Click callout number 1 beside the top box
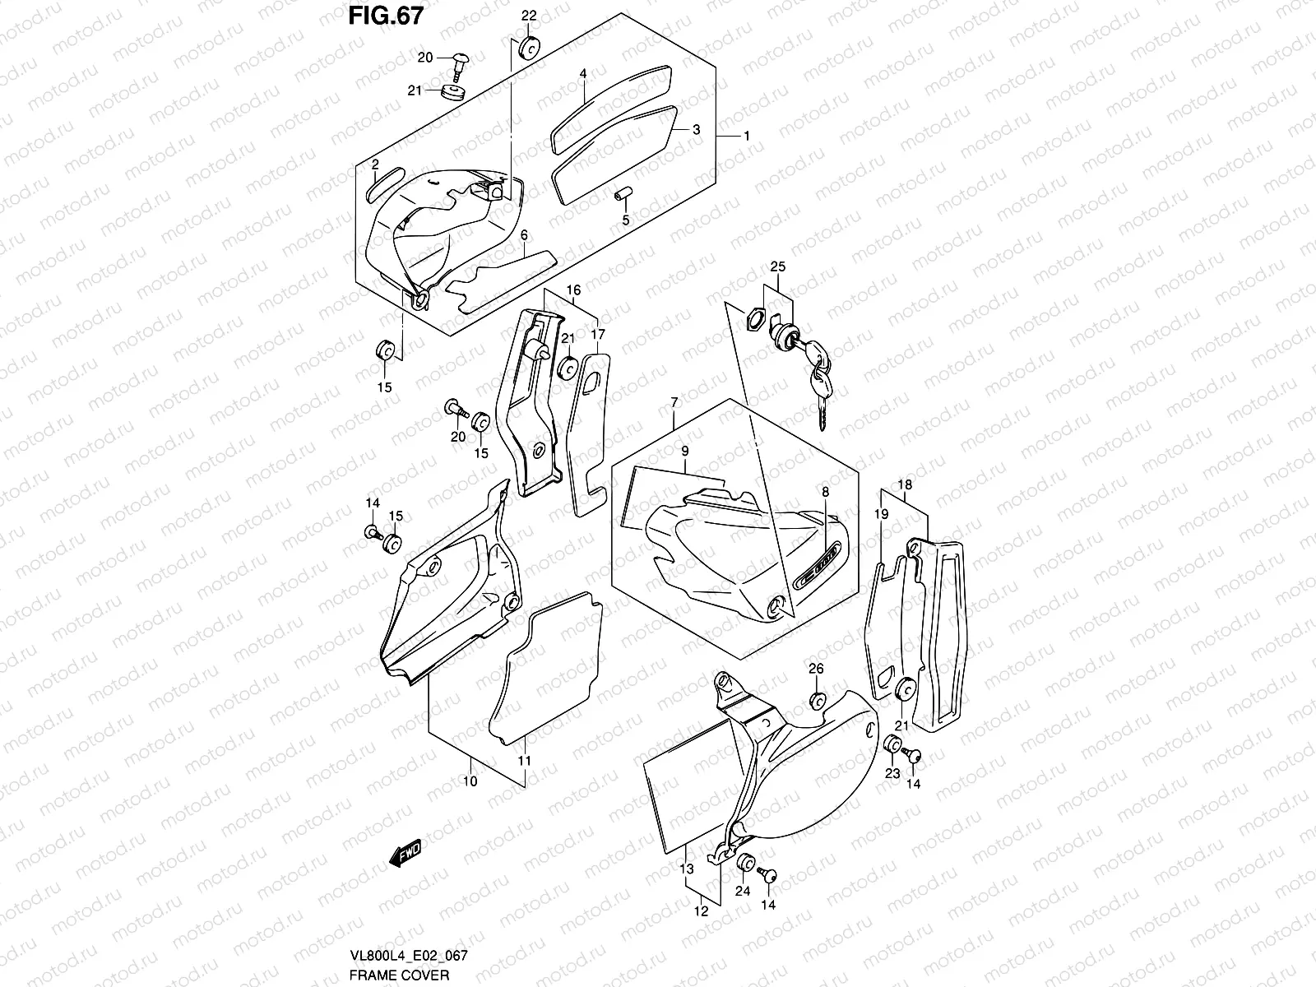coord(746,135)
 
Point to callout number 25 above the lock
coord(777,266)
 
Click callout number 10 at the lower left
coord(470,781)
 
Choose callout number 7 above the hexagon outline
coord(674,402)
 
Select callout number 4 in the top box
coord(582,74)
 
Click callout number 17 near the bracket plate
coord(597,335)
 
